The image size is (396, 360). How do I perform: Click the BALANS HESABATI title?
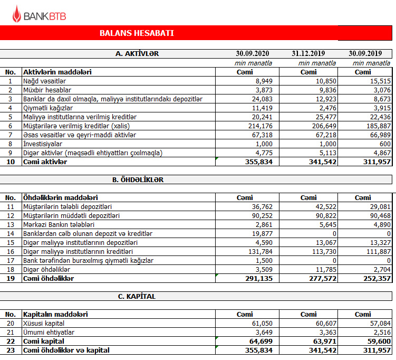[x=137, y=33]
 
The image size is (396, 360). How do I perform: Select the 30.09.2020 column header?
[x=253, y=54]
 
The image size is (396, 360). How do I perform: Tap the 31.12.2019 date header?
[x=308, y=54]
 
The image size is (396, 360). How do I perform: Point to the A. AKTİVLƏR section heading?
[x=137, y=54]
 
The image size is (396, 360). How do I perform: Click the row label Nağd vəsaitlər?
[x=44, y=81]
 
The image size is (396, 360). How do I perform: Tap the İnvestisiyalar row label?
[x=43, y=144]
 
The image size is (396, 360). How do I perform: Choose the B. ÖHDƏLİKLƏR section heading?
[x=138, y=179]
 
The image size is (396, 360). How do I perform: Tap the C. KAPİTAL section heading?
[x=137, y=296]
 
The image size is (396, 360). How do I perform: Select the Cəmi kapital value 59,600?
[x=377, y=341]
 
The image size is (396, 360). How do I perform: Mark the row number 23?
[x=10, y=350]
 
